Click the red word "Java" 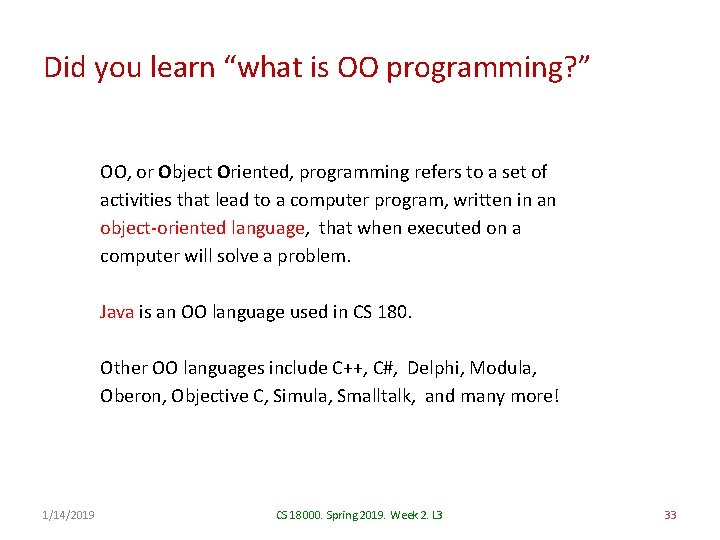pos(117,312)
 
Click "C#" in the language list pos(379,368)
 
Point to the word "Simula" pos(303,396)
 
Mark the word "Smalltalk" pos(376,396)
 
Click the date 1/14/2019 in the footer pos(70,515)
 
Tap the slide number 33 pos(670,515)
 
